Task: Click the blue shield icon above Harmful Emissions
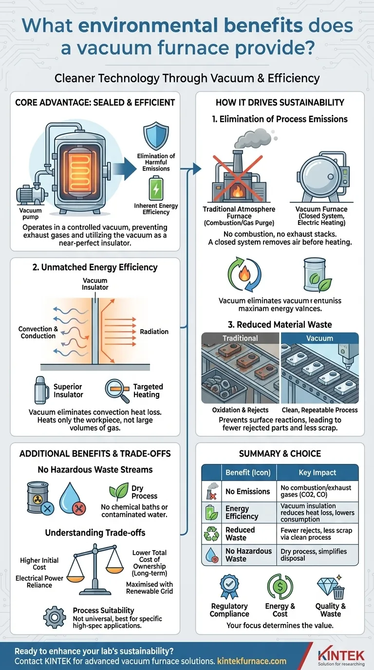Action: pyautogui.click(x=156, y=137)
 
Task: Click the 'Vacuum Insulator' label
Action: pyautogui.click(x=95, y=284)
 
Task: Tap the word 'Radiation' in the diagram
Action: pyautogui.click(x=154, y=332)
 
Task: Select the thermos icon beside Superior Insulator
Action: pyautogui.click(x=41, y=391)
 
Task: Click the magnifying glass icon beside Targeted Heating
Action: pyautogui.click(x=116, y=390)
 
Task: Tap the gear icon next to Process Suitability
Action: pyautogui.click(x=55, y=617)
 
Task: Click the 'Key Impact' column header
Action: pyautogui.click(x=317, y=472)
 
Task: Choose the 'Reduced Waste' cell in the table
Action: pyautogui.click(x=240, y=534)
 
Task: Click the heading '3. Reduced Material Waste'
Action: pyautogui.click(x=280, y=325)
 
